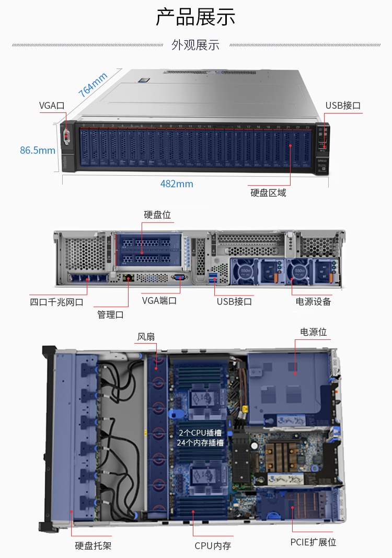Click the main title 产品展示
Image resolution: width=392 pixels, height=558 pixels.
195,17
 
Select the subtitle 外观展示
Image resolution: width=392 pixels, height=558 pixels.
195,45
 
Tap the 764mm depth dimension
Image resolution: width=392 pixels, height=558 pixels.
93,85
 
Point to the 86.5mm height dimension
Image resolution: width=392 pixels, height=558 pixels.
38,150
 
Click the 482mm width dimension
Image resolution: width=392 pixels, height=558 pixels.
177,184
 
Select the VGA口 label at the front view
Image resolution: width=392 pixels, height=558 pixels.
52,105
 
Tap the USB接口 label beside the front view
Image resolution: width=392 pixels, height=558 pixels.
343,105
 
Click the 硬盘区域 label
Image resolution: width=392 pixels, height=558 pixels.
268,193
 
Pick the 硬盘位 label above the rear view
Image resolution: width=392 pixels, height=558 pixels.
157,214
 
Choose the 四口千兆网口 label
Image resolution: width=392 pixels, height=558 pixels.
56,302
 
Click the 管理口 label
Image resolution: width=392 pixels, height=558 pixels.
110,315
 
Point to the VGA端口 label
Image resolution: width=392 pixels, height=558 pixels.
159,301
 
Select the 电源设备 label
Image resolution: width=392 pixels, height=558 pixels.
314,302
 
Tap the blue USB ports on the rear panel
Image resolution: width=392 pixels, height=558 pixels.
213,278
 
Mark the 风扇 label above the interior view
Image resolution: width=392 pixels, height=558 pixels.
146,337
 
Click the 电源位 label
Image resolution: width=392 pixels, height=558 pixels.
314,332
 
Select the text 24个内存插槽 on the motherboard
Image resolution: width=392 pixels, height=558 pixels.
200,443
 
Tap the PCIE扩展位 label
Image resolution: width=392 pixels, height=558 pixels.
314,542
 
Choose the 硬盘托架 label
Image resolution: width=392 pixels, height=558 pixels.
93,545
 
